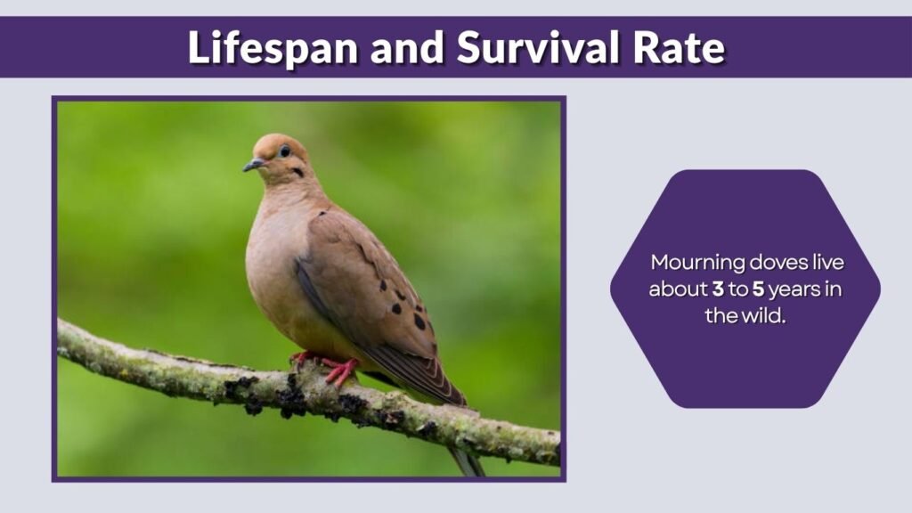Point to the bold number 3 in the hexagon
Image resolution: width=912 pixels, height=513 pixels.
click(717, 289)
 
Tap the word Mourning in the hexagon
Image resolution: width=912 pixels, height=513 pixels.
click(692, 264)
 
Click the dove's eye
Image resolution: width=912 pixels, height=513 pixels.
click(285, 151)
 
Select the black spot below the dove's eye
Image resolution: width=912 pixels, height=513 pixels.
click(297, 172)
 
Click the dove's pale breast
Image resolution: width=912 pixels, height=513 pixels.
click(272, 258)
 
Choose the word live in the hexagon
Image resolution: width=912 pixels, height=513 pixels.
click(826, 264)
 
